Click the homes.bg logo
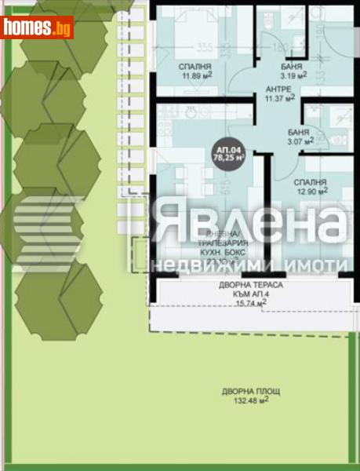coord(38,27)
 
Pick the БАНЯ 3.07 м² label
coord(299,136)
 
